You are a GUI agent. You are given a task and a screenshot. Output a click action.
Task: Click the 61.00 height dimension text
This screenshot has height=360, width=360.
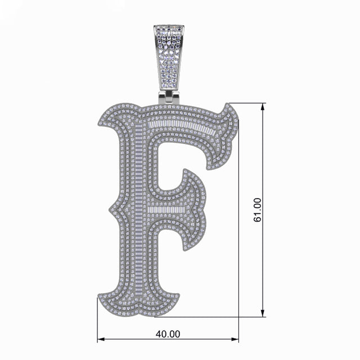(257, 210)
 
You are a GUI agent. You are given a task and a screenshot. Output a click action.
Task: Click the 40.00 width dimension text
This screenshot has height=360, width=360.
(168, 334)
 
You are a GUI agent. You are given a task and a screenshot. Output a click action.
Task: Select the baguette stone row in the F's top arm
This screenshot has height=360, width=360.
(180, 125)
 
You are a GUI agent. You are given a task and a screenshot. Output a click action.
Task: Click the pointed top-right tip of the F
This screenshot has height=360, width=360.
(227, 105)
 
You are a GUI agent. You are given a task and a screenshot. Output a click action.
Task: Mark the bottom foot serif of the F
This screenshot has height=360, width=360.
(138, 304)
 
